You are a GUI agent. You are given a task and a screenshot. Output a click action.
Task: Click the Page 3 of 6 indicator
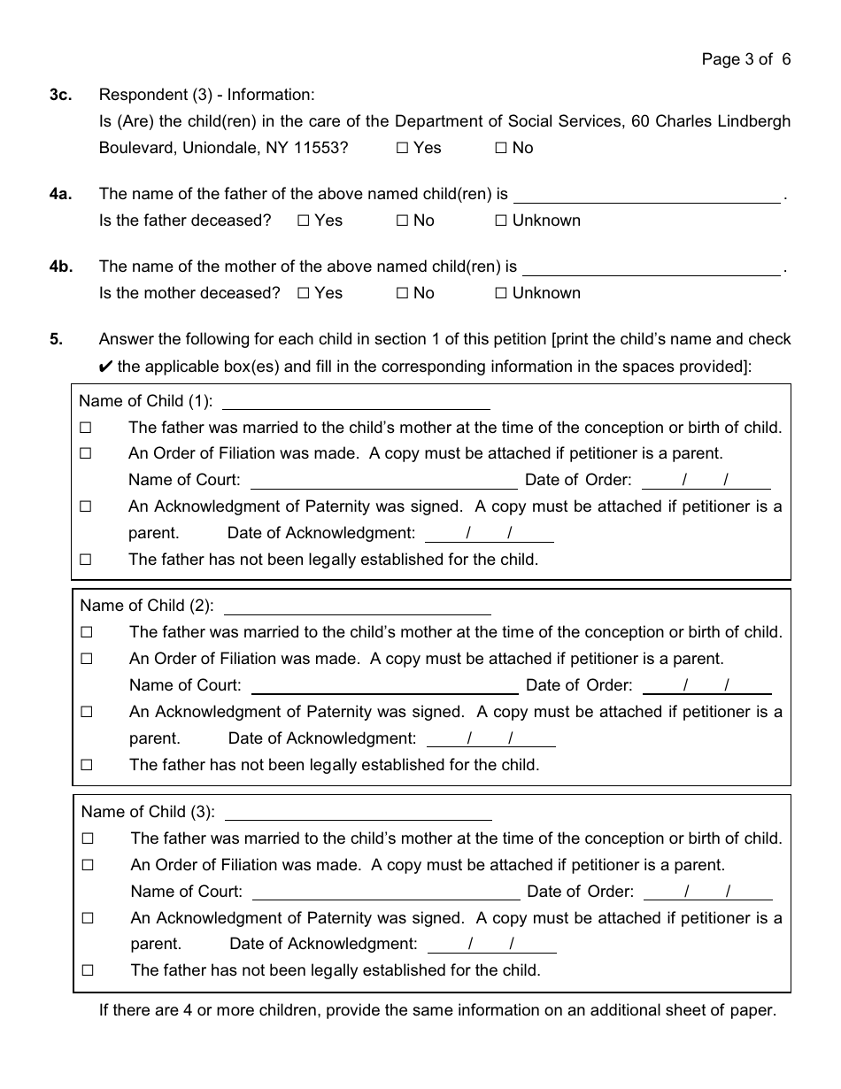click(745, 59)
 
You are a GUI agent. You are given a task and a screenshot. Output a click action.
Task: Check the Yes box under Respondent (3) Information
click(402, 149)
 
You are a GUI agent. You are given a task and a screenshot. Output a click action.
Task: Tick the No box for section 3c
click(500, 149)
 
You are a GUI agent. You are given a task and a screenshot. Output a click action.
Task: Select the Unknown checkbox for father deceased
click(500, 220)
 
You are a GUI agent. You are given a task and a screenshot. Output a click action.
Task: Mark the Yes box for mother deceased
click(304, 293)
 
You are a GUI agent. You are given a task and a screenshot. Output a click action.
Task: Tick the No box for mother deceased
click(402, 293)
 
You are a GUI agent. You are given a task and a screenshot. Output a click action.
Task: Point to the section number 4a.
click(60, 194)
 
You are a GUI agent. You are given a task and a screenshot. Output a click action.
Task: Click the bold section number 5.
click(56, 339)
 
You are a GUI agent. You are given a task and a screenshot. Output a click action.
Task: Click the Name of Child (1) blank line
click(355, 403)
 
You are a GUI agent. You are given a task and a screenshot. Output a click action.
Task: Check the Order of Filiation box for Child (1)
click(86, 454)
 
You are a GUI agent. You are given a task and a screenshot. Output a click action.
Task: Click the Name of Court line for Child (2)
click(385, 687)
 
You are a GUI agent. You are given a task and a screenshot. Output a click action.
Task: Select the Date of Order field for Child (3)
click(707, 892)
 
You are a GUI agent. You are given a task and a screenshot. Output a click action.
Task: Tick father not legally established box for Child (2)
click(87, 765)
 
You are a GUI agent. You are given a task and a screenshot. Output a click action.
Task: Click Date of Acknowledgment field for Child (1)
click(489, 534)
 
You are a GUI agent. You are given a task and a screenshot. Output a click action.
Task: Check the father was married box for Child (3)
click(88, 838)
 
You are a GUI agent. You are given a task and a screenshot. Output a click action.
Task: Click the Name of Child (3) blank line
click(359, 814)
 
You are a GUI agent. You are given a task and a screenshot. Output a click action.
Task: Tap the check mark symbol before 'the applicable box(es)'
click(106, 367)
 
